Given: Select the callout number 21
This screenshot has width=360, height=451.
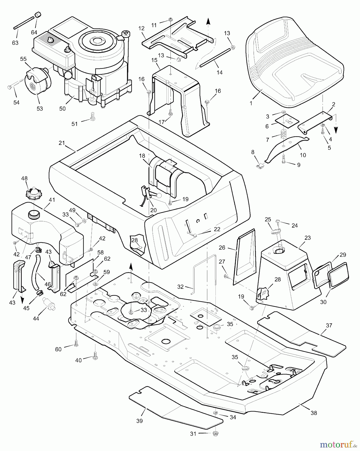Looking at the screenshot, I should [62, 143].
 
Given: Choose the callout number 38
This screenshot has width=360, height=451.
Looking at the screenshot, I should [314, 413].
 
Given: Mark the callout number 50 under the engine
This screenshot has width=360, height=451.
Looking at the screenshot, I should [62, 108].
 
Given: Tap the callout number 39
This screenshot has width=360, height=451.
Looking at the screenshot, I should [139, 421].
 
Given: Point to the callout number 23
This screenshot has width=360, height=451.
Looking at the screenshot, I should [307, 238].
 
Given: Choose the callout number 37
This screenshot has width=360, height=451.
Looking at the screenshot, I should [329, 325].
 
